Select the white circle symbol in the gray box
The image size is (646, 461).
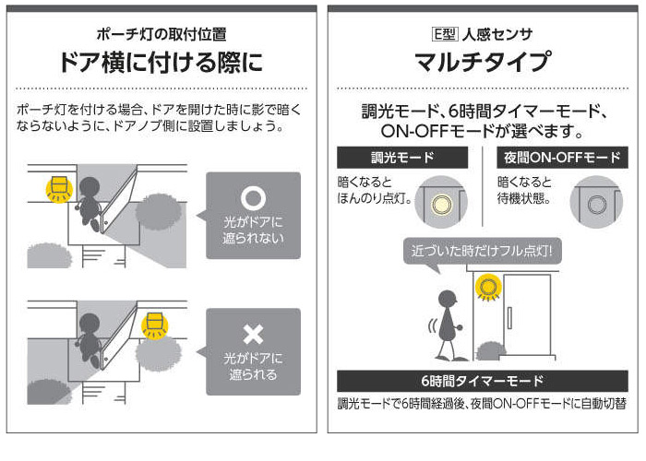click(252, 198)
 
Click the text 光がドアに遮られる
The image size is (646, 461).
click(252, 366)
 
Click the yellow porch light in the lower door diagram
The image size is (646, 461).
click(154, 324)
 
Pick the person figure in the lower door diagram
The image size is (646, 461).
click(90, 335)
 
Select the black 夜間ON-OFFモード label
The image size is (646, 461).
click(562, 157)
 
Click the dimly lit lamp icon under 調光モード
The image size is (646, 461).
click(440, 200)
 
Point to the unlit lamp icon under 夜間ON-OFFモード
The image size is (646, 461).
click(592, 200)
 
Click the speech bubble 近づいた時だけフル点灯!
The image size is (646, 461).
click(482, 250)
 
